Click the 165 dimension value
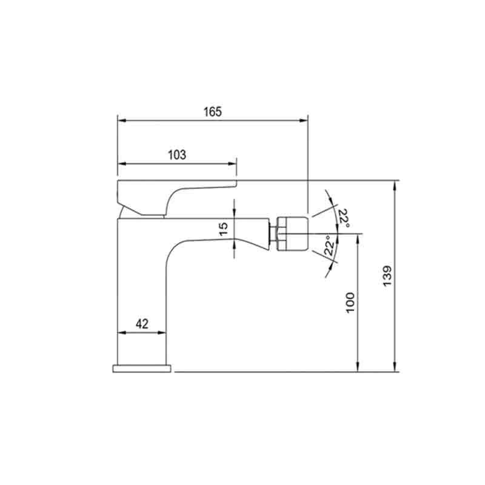click(x=213, y=112)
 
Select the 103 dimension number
click(x=177, y=155)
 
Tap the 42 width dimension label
click(x=142, y=324)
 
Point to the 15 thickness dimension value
click(x=224, y=229)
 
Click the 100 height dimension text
click(x=350, y=303)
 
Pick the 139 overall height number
click(x=387, y=276)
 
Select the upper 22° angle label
click(x=344, y=218)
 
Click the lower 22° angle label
click(x=329, y=246)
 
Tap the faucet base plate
click(x=142, y=369)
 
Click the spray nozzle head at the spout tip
click(x=293, y=233)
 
